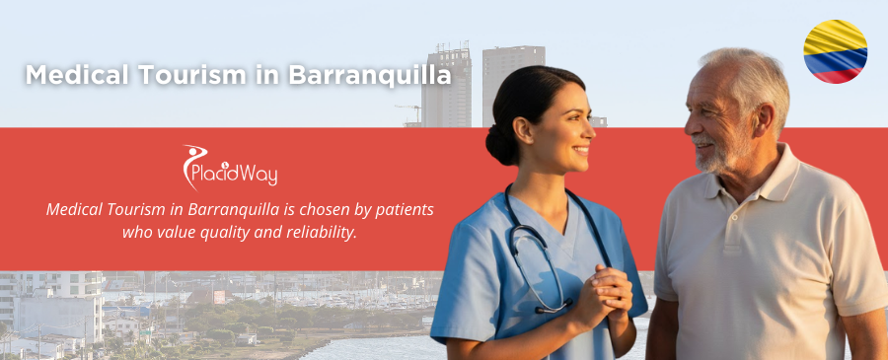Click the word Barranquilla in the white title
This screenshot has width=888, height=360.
(370, 75)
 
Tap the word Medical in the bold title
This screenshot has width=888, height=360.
(74, 75)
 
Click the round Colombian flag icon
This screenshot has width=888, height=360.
(835, 51)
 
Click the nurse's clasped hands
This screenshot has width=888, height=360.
(603, 295)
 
